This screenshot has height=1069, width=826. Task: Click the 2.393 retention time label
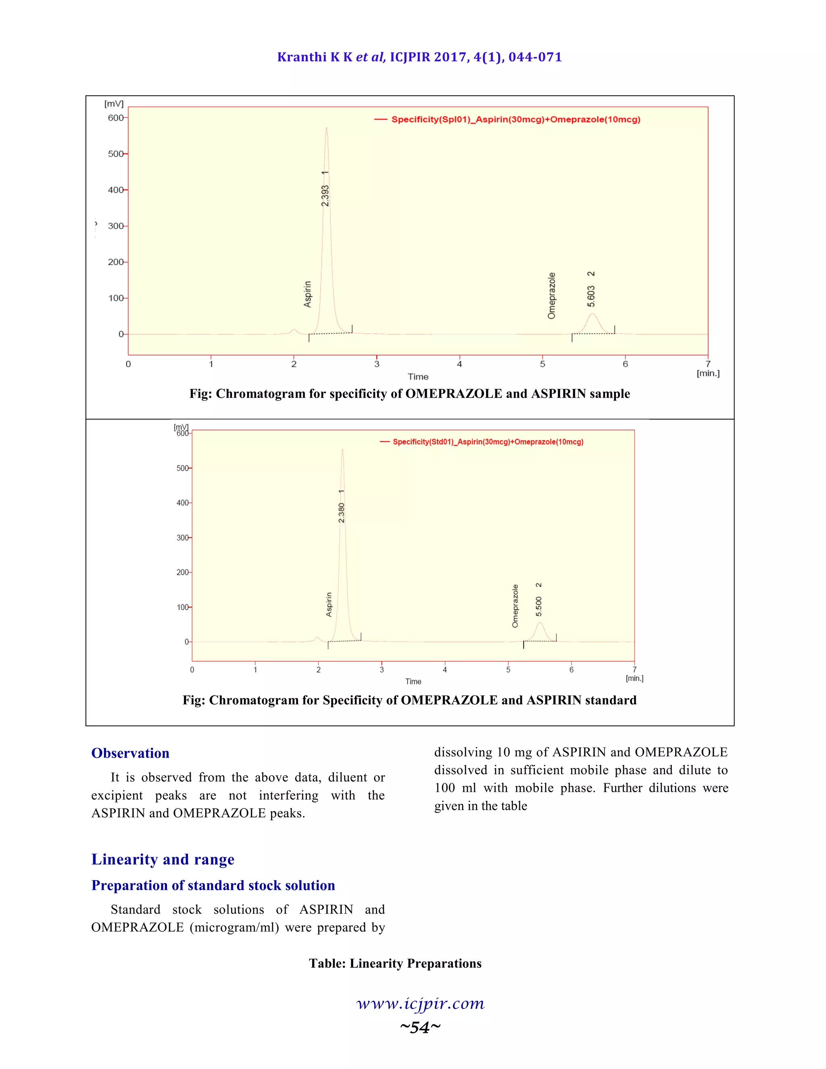click(x=325, y=195)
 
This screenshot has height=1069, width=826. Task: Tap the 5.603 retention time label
click(x=591, y=296)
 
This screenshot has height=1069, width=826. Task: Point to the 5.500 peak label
click(x=539, y=606)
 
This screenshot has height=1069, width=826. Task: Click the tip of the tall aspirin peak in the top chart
click(x=326, y=128)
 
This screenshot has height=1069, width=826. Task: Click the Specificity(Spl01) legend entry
click(x=515, y=119)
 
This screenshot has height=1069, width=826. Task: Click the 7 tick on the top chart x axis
click(x=707, y=364)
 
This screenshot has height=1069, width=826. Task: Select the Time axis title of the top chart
click(x=418, y=376)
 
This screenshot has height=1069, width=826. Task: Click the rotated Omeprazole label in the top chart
click(x=551, y=296)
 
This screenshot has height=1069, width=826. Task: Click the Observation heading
click(x=130, y=753)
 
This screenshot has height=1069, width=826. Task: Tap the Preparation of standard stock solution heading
click(x=213, y=885)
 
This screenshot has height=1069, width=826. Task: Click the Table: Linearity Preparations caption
click(x=395, y=963)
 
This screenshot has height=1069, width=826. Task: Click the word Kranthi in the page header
click(x=301, y=57)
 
